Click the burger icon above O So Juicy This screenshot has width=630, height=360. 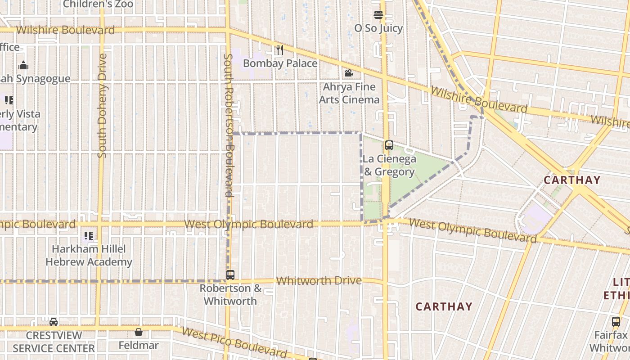pos(378,15)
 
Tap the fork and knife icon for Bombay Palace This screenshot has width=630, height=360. pos(280,50)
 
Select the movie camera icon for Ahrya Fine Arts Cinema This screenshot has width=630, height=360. pos(349,73)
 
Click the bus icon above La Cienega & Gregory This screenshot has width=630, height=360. pos(389,145)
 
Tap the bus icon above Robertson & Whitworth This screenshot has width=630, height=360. pos(230,274)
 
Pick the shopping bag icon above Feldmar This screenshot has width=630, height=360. pos(139,332)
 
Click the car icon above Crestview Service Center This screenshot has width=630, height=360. pos(54,322)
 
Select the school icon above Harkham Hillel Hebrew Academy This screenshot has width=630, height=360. pos(89,235)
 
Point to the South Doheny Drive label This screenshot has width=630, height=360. pos(102,106)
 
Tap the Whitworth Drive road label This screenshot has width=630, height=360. pos(319,281)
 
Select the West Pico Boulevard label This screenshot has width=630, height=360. pos(234,342)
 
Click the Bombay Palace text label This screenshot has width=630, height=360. pos(280,63)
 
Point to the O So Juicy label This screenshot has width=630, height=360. pos(378,28)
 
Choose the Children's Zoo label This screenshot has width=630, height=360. pos(98,4)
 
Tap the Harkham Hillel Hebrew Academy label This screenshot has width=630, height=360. pos(89,255)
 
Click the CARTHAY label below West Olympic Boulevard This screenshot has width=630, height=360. pos(444,306)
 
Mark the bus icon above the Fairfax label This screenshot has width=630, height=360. pos(616,322)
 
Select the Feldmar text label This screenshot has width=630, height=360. pos(139,346)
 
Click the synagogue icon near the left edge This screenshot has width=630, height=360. pos(23,66)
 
